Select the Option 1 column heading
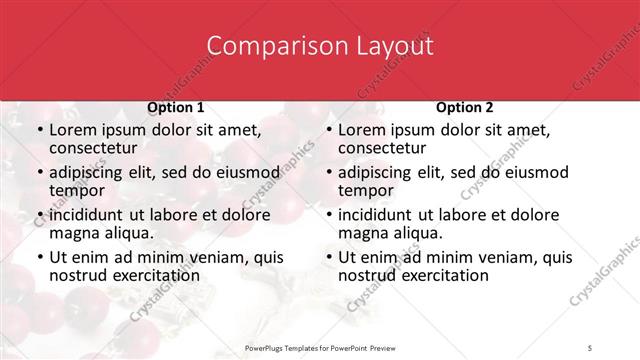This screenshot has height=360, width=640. point(176,107)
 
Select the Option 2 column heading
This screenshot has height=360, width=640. point(465,107)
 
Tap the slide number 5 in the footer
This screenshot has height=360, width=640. point(591,347)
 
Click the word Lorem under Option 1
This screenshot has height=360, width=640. point(74,130)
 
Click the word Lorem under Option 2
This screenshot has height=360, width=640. point(363,130)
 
